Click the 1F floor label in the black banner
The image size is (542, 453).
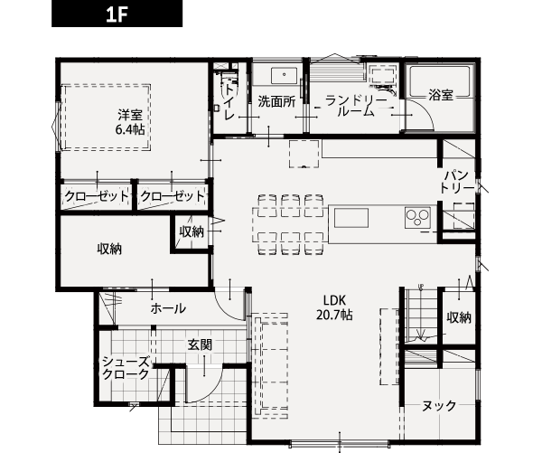tap(117, 14)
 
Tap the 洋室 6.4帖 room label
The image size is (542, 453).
tap(129, 122)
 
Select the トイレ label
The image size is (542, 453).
tap(229, 102)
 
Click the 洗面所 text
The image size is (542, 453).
tap(276, 102)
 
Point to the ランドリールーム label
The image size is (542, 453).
tap(356, 106)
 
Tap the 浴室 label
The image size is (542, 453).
tap(441, 94)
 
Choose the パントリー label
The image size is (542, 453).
tap(457, 182)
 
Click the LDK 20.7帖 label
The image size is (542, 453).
tap(334, 307)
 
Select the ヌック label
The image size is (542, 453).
tap(439, 406)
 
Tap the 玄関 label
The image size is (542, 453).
tap(200, 344)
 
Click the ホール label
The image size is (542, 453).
tap(168, 308)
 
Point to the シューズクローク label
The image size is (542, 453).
tap(126, 368)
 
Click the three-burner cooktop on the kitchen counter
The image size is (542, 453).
tap(417, 217)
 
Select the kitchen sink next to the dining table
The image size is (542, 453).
tap(350, 218)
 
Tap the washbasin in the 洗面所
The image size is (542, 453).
tap(284, 76)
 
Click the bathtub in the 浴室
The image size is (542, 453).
tap(439, 81)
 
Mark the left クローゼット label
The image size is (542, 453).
tap(97, 196)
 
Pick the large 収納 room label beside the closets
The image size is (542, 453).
tap(109, 249)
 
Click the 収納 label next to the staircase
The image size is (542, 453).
tap(459, 317)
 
